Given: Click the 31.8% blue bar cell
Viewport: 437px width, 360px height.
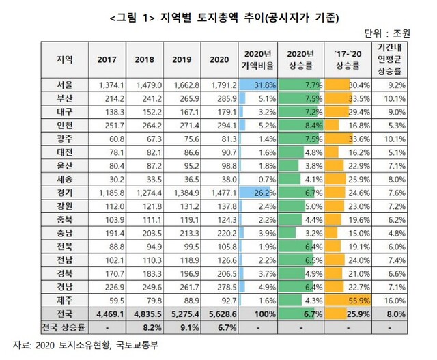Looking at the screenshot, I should click(x=257, y=85).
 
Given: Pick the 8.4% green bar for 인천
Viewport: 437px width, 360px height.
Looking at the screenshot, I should click(x=301, y=125).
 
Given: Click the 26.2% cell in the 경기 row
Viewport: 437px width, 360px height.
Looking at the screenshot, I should click(x=257, y=192).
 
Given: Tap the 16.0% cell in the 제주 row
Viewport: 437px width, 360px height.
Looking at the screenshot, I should click(x=389, y=299).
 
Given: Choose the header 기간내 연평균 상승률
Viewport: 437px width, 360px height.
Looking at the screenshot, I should click(x=389, y=60).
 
